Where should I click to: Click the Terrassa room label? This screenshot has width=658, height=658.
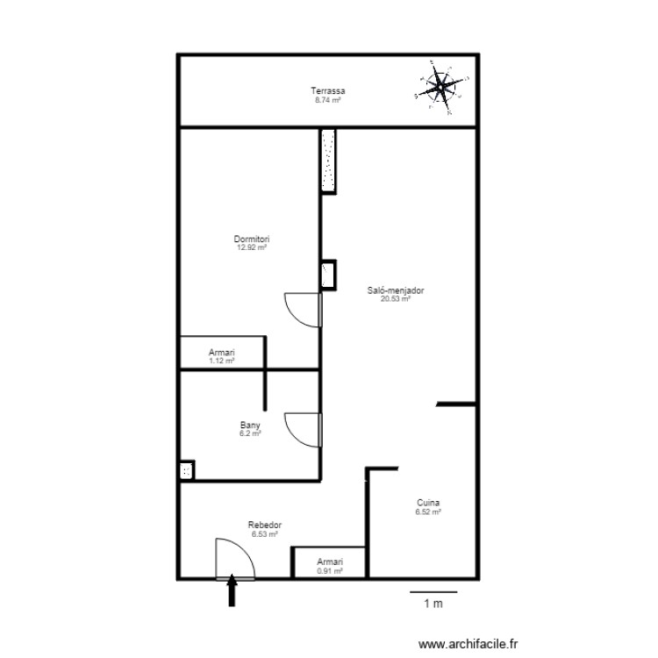pos(327,91)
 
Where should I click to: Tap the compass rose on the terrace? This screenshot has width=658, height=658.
pos(440,85)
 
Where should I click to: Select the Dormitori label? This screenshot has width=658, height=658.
pos(251,239)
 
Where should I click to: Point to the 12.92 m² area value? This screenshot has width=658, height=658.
pos(251,247)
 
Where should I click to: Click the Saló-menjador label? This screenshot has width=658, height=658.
pos(390,290)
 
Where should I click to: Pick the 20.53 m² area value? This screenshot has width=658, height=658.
pos(390,298)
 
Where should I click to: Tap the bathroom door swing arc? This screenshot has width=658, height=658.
pos(304,430)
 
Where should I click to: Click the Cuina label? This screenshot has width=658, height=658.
pos(429,503)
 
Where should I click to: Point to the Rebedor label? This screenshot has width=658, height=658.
pos(264,525)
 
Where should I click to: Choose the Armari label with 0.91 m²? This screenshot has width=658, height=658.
pos(330,561)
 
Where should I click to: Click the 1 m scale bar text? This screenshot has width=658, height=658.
pos(433,604)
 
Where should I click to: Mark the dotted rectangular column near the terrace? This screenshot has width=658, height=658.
pos(327,161)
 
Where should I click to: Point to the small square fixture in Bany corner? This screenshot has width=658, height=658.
pos(187,471)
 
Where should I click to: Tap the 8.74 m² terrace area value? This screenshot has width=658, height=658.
pos(327,100)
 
